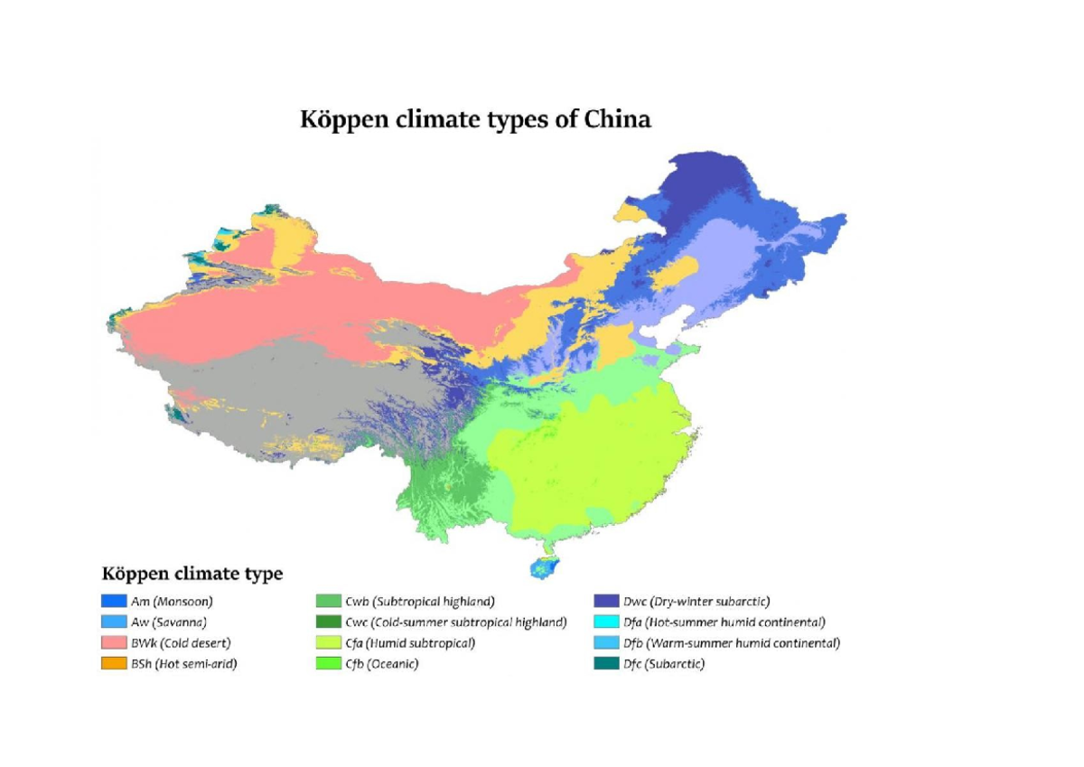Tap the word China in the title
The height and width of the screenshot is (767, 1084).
[x=618, y=120]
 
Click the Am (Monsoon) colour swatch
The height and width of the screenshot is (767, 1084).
[x=113, y=601]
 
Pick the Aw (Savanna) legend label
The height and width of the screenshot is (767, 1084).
[x=169, y=622]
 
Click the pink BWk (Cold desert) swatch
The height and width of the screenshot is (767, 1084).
[x=113, y=644]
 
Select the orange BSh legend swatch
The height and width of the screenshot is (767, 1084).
[x=113, y=665]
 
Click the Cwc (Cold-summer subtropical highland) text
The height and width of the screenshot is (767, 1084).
[x=455, y=622]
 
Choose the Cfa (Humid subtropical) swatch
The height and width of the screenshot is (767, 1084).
[x=328, y=644]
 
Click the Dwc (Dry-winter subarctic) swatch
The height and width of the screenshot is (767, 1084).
[x=606, y=601]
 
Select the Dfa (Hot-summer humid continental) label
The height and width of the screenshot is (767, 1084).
[x=724, y=622]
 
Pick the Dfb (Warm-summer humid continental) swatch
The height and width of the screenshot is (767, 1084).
[x=606, y=644]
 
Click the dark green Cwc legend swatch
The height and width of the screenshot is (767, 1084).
[x=328, y=622]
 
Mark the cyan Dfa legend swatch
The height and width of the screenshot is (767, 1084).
[x=606, y=622]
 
